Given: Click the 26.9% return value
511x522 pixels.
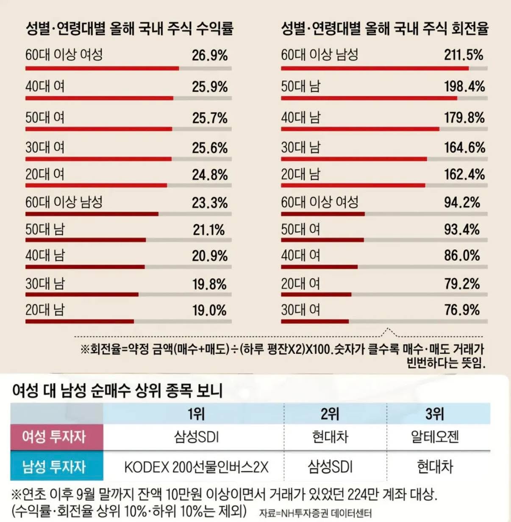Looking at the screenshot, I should [210, 55].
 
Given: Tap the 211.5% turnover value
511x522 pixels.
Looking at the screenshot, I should [464, 55].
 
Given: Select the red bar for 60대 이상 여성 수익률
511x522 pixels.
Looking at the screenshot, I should [102, 68].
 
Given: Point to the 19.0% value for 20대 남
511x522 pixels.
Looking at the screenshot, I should [209, 310].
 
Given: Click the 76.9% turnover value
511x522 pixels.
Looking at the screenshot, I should [462, 310].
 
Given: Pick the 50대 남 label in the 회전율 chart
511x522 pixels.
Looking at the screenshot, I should [301, 86].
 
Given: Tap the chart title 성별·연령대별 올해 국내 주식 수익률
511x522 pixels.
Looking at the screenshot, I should [129, 28].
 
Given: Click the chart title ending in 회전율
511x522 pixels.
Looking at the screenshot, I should [385, 28].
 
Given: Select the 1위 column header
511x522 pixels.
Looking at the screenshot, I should [196, 414].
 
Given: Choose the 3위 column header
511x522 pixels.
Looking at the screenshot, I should [435, 414].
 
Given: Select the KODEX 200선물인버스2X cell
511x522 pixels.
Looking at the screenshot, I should [196, 467].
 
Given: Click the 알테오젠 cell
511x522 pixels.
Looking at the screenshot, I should [435, 436].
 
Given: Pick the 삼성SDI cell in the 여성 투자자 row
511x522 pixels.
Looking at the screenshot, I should [196, 436].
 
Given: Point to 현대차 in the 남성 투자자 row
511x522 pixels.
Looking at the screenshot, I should [435, 467].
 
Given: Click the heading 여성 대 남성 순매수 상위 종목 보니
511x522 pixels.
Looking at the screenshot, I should [117, 390].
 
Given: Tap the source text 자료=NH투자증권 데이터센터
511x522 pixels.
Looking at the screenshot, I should [315, 513].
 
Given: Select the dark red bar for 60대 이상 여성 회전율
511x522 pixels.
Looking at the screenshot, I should [322, 214].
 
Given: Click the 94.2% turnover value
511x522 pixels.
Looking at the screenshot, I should [462, 202].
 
